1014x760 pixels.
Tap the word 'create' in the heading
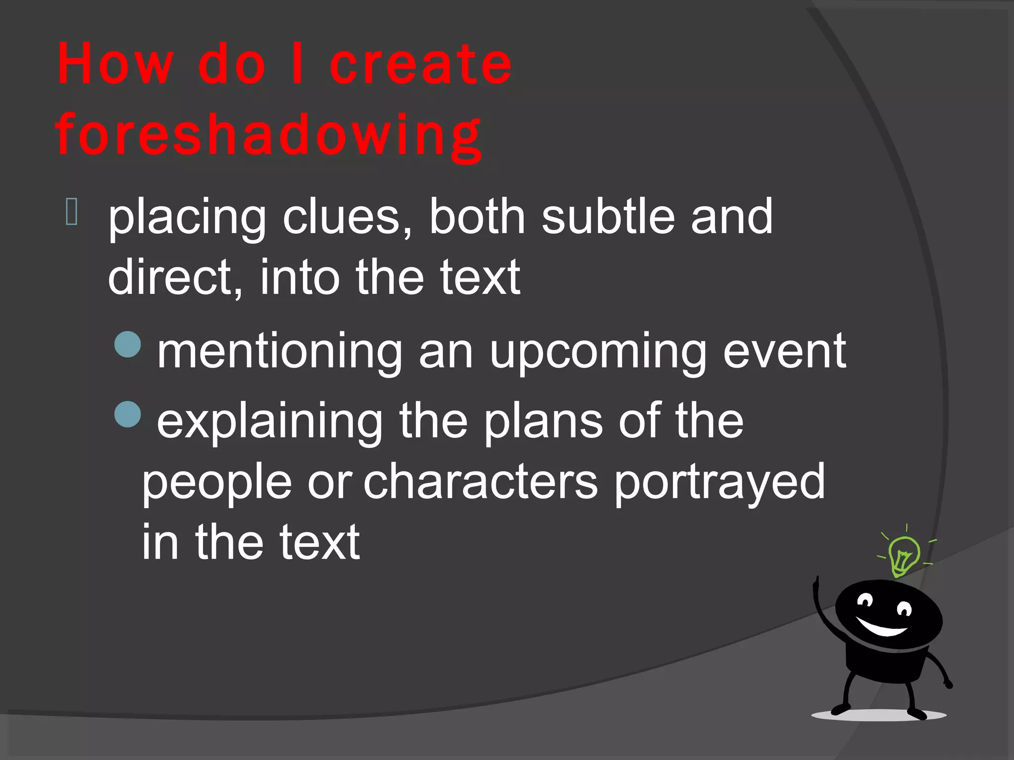pyautogui.click(x=420, y=64)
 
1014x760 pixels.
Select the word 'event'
pyautogui.click(x=785, y=351)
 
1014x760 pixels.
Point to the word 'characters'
pyautogui.click(x=481, y=482)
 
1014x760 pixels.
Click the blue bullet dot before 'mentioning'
pyautogui.click(x=128, y=344)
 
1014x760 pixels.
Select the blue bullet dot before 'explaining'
pyautogui.click(x=128, y=414)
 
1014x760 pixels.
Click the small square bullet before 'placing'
pyautogui.click(x=71, y=211)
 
